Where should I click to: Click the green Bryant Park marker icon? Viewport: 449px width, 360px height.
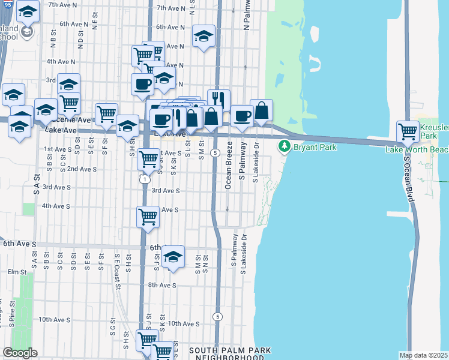(x=284, y=146)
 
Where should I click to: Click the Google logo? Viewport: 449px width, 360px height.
(x=20, y=353)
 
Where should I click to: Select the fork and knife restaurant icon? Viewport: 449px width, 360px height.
(x=219, y=99)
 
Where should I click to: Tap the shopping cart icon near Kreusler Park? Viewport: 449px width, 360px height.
(x=408, y=130)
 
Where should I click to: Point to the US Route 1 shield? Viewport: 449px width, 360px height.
(x=145, y=179)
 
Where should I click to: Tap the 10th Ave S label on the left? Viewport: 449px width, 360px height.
(x=52, y=319)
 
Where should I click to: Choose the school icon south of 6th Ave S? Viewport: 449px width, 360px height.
(x=173, y=257)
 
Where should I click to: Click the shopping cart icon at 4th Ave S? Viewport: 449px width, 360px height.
(x=148, y=217)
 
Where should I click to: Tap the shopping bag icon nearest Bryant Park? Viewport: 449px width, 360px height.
(x=261, y=110)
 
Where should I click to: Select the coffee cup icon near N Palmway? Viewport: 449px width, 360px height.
(x=242, y=115)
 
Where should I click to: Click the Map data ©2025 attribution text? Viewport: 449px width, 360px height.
(x=423, y=355)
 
